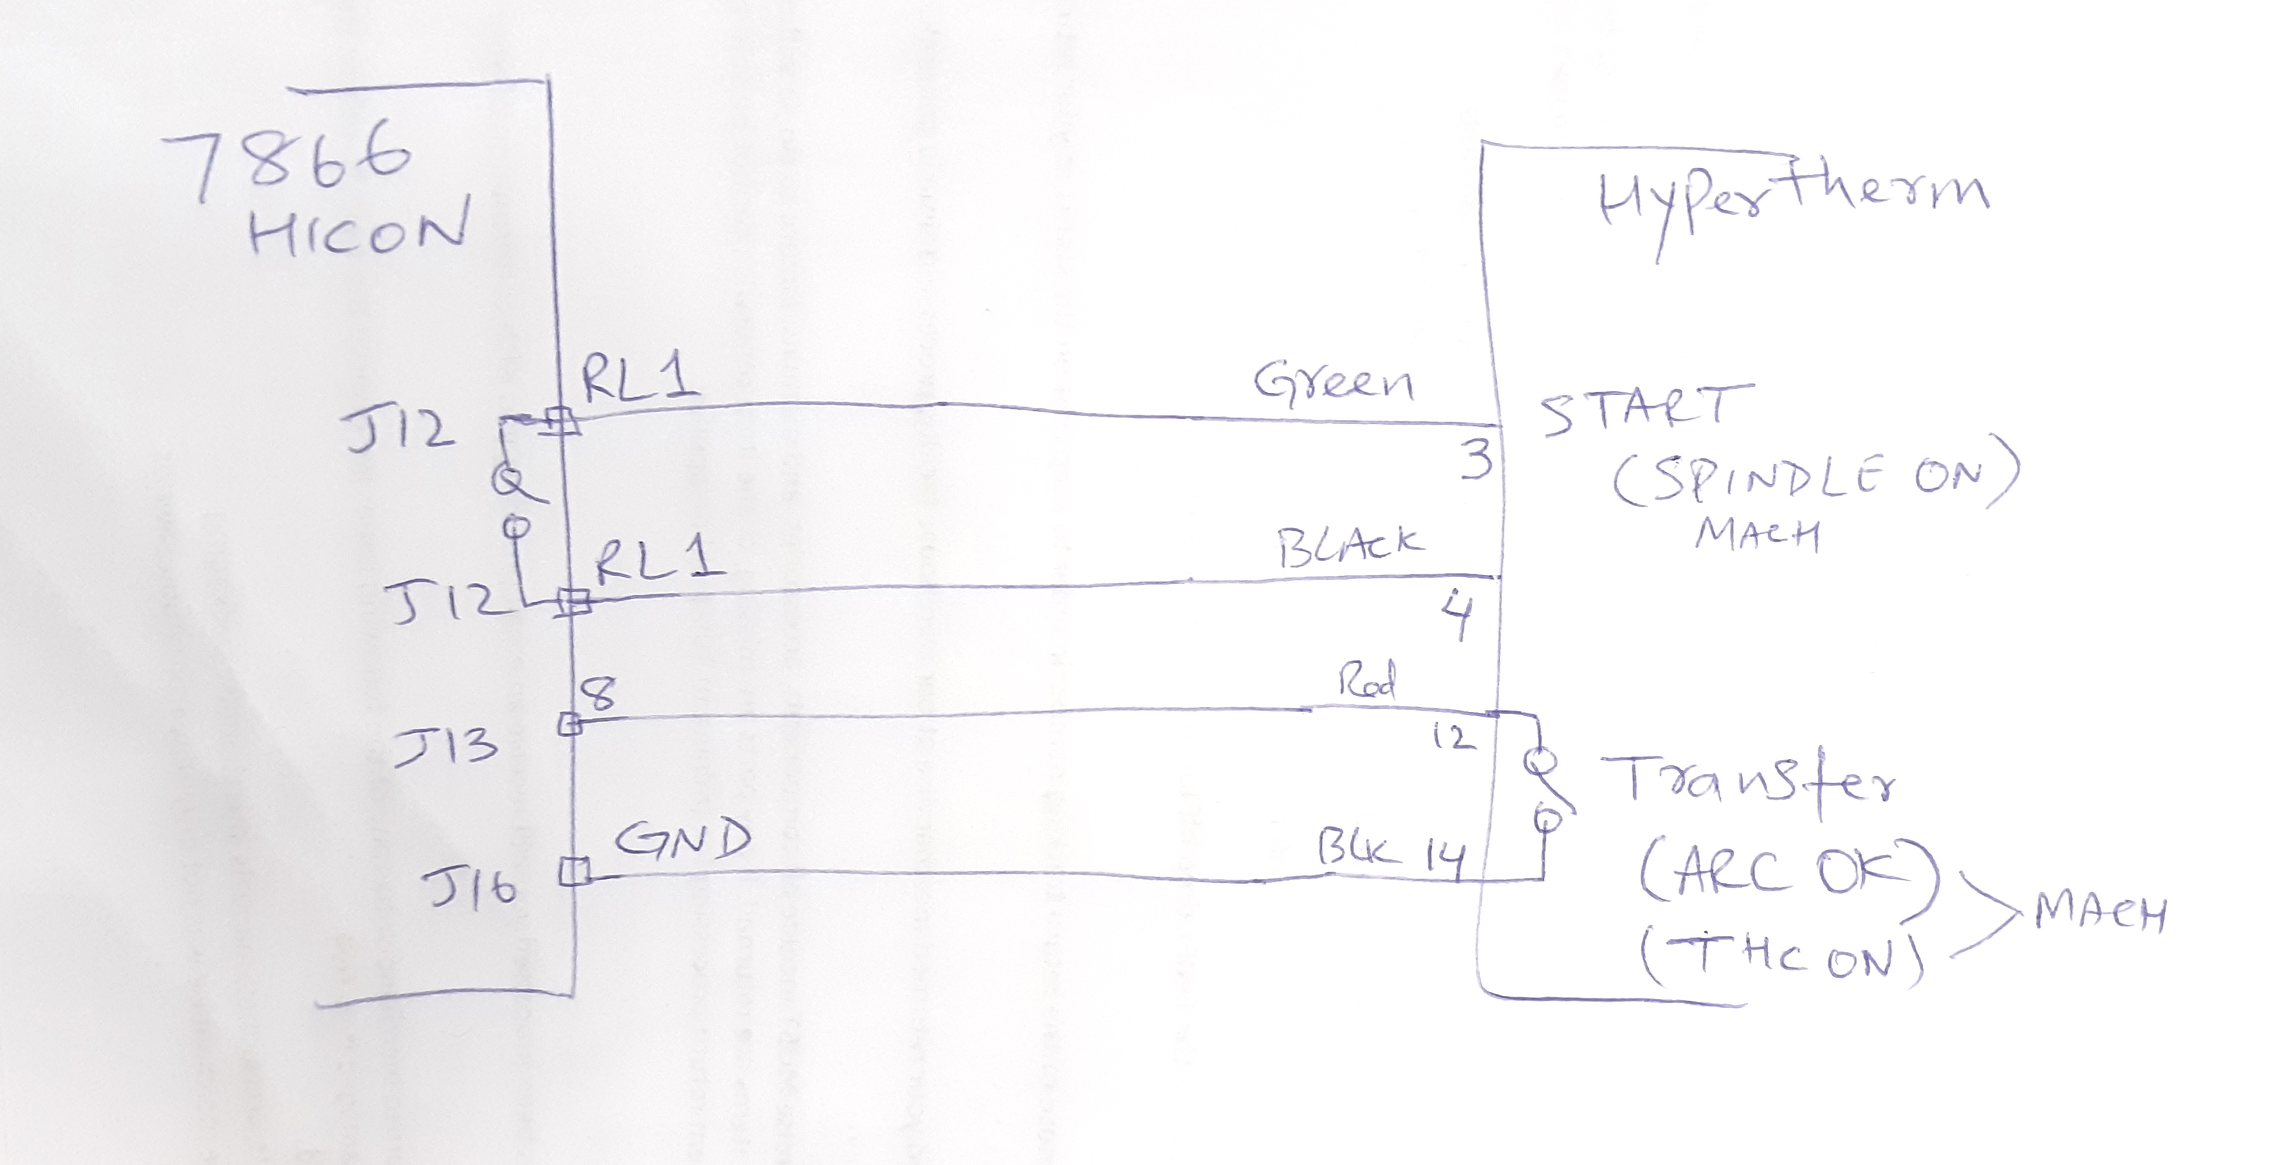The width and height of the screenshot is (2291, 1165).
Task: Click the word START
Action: pos(1645,411)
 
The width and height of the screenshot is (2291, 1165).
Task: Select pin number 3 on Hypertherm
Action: pos(1476,461)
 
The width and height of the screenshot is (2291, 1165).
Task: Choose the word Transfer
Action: pos(1748,785)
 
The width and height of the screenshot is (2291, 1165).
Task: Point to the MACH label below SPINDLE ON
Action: pos(1756,536)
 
